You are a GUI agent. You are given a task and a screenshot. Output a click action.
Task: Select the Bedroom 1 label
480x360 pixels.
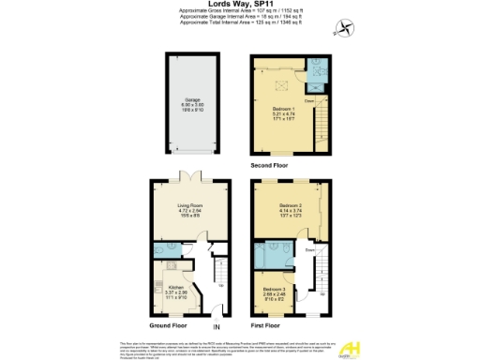pyautogui.click(x=281, y=112)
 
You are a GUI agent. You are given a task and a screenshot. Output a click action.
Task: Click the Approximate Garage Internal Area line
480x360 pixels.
pyautogui.click(x=239, y=19)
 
